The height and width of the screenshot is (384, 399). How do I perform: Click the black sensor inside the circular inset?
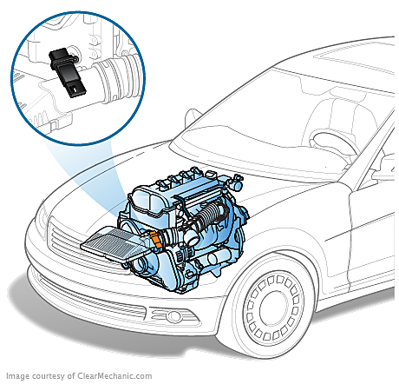point(68,72)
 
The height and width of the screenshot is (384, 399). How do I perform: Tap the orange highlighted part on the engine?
point(156,240)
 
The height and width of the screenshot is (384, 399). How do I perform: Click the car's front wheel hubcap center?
point(272,309)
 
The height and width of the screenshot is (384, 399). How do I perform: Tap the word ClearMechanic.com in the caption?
point(114,376)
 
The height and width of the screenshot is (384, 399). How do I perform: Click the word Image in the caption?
point(17,376)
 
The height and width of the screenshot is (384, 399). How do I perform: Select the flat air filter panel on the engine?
point(115,243)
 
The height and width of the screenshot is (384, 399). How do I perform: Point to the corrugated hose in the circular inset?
point(115,77)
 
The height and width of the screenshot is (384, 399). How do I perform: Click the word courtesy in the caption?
point(49,376)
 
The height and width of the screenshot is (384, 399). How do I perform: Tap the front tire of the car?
point(271,309)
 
